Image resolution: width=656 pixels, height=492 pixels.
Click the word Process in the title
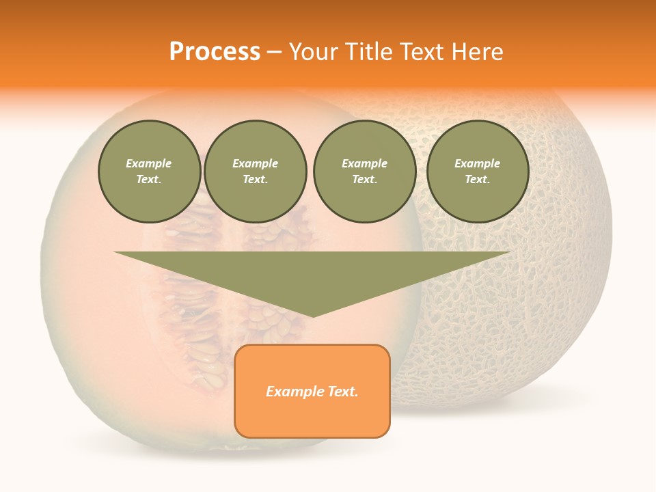[x=215, y=52]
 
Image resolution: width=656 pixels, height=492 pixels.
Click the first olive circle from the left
[x=149, y=172]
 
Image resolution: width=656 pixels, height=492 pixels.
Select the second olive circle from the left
[x=255, y=172]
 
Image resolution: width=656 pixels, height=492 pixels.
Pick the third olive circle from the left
[x=364, y=172]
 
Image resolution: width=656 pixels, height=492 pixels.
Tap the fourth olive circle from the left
[x=477, y=172]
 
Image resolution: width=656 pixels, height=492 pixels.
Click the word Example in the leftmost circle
[x=149, y=163]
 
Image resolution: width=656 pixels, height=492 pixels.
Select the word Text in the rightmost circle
[x=476, y=180]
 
